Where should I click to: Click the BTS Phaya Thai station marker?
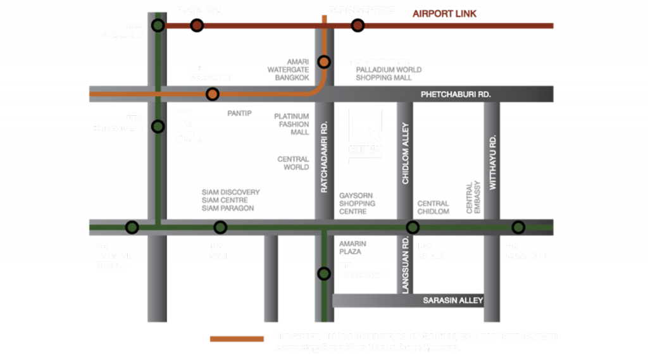158,25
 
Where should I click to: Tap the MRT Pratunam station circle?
213,94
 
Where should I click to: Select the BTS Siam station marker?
220,227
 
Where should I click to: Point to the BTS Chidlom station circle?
413,227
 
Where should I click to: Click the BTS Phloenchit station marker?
518,227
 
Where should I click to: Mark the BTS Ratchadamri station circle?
324,274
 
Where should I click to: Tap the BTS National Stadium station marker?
132,227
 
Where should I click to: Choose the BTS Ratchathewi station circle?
158,127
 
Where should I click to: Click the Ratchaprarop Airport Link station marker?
358,25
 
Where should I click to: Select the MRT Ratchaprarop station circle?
324,62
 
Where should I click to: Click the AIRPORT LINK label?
444,14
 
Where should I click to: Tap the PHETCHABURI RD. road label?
456,94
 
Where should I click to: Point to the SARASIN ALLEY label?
453,301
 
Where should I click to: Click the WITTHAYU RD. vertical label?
493,162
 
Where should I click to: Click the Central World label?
294,163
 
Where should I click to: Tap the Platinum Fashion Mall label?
292,125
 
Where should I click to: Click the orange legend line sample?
237,339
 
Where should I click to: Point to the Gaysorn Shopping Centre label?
357,204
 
